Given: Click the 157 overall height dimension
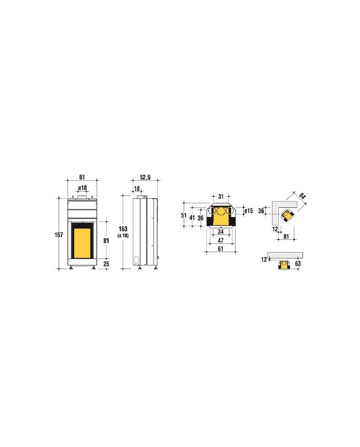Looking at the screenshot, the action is click(x=59, y=235).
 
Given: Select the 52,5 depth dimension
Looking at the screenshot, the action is click(x=145, y=177).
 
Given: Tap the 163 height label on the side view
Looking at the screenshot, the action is click(x=123, y=229).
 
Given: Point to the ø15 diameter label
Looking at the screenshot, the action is click(x=248, y=211).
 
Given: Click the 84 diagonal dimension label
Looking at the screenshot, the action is click(x=302, y=196).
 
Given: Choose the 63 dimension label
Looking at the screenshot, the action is click(x=298, y=264).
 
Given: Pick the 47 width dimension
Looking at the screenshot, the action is click(x=221, y=241).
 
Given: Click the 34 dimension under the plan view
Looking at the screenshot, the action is click(x=221, y=232).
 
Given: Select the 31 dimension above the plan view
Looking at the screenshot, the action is click(x=221, y=196).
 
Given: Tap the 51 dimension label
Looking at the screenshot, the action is click(x=184, y=216).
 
